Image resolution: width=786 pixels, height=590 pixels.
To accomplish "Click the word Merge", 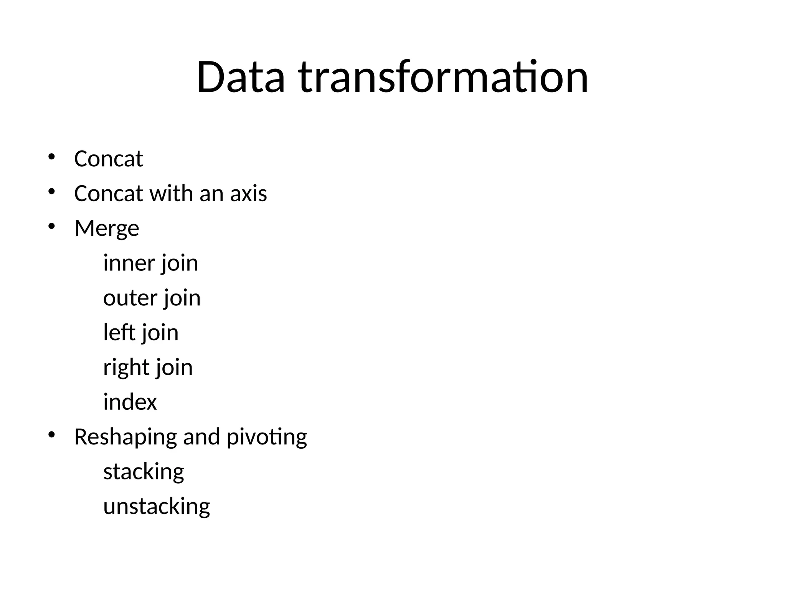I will pos(107,229).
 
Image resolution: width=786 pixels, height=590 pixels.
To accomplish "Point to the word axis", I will pos(248,193).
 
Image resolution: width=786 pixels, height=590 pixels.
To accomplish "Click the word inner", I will pos(129,263).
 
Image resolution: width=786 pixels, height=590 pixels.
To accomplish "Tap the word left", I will pos(119,332).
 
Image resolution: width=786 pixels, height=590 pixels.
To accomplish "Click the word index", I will pos(130,402).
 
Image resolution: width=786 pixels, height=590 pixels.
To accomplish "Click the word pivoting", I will pos(267,437).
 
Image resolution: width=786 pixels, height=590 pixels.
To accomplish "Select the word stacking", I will pos(144,472).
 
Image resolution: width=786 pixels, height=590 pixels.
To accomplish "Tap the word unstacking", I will pos(157,507).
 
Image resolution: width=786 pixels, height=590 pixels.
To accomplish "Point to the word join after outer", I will pos(182,298).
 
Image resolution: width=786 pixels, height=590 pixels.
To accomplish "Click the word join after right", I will pos(174,368).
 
